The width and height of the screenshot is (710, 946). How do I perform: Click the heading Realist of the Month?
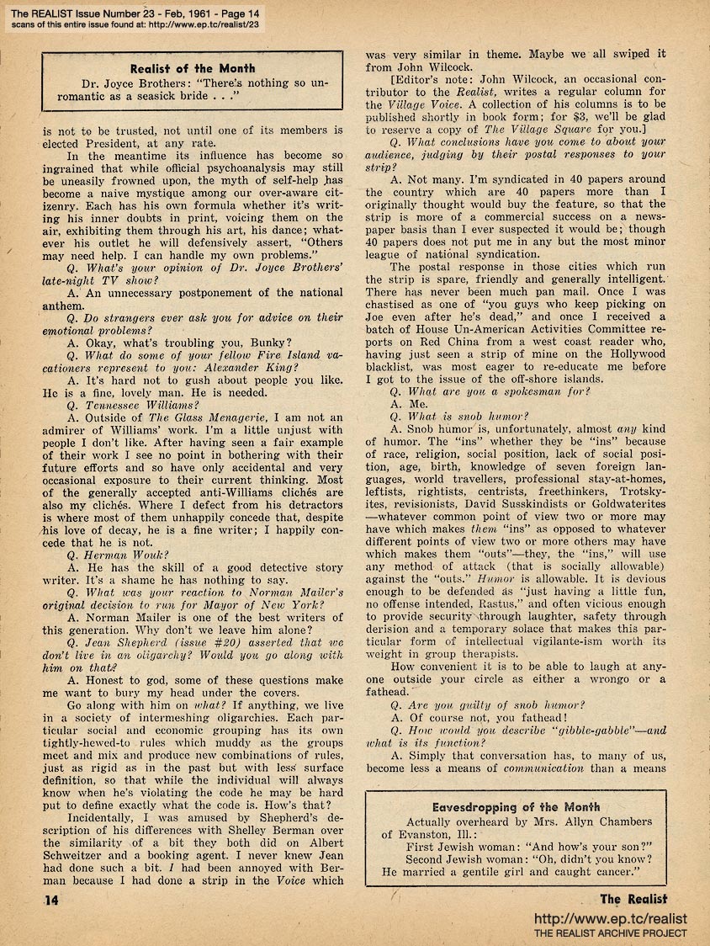click(193, 69)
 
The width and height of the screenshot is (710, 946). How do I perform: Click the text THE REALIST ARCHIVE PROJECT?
click(612, 933)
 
